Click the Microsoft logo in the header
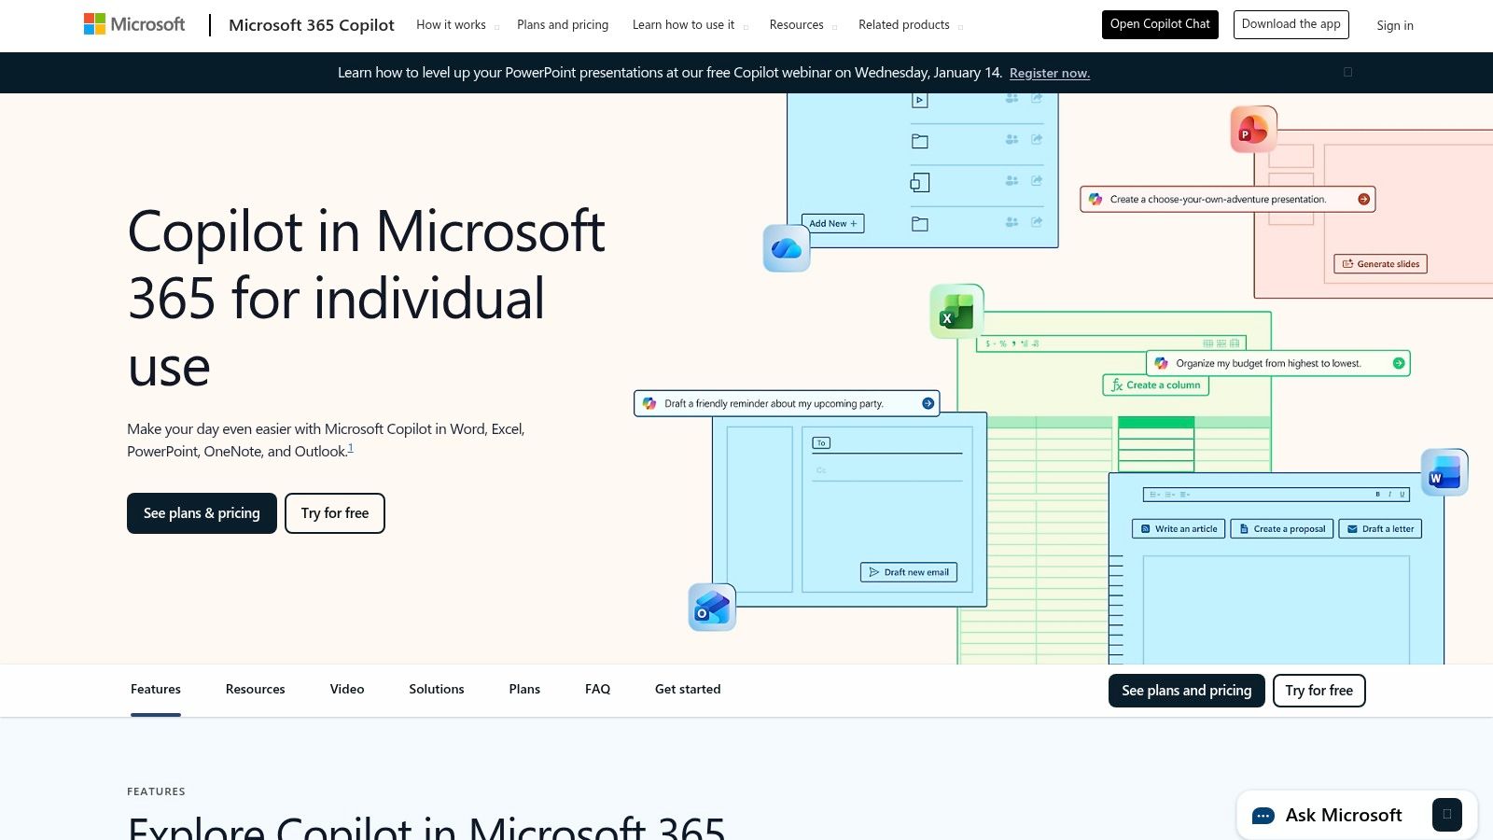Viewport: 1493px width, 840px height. pyautogui.click(x=134, y=24)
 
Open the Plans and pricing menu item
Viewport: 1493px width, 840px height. pyautogui.click(x=563, y=25)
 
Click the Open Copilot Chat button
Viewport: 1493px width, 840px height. pyautogui.click(x=1160, y=24)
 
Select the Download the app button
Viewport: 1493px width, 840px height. pyautogui.click(x=1291, y=24)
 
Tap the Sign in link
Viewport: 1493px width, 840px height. pyautogui.click(x=1394, y=26)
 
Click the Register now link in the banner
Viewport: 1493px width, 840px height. pyautogui.click(x=1049, y=74)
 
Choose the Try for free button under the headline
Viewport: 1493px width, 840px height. pyautogui.click(x=335, y=513)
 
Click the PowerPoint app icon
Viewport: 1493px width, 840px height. pyautogui.click(x=1252, y=130)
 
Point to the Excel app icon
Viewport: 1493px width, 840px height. pyautogui.click(x=956, y=312)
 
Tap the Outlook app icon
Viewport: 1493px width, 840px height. pyautogui.click(x=712, y=608)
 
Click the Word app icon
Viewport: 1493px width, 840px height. pyautogui.click(x=1444, y=472)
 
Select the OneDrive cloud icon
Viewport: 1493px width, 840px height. pyautogui.click(x=787, y=248)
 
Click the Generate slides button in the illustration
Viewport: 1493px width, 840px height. pyautogui.click(x=1380, y=264)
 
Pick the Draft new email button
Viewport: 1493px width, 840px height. pyautogui.click(x=909, y=572)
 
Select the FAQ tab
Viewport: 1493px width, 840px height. pyautogui.click(x=597, y=690)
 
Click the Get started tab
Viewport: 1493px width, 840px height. pyautogui.click(x=688, y=690)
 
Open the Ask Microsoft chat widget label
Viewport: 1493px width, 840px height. pyautogui.click(x=1343, y=815)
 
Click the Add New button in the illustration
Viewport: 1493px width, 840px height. pyautogui.click(x=832, y=224)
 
